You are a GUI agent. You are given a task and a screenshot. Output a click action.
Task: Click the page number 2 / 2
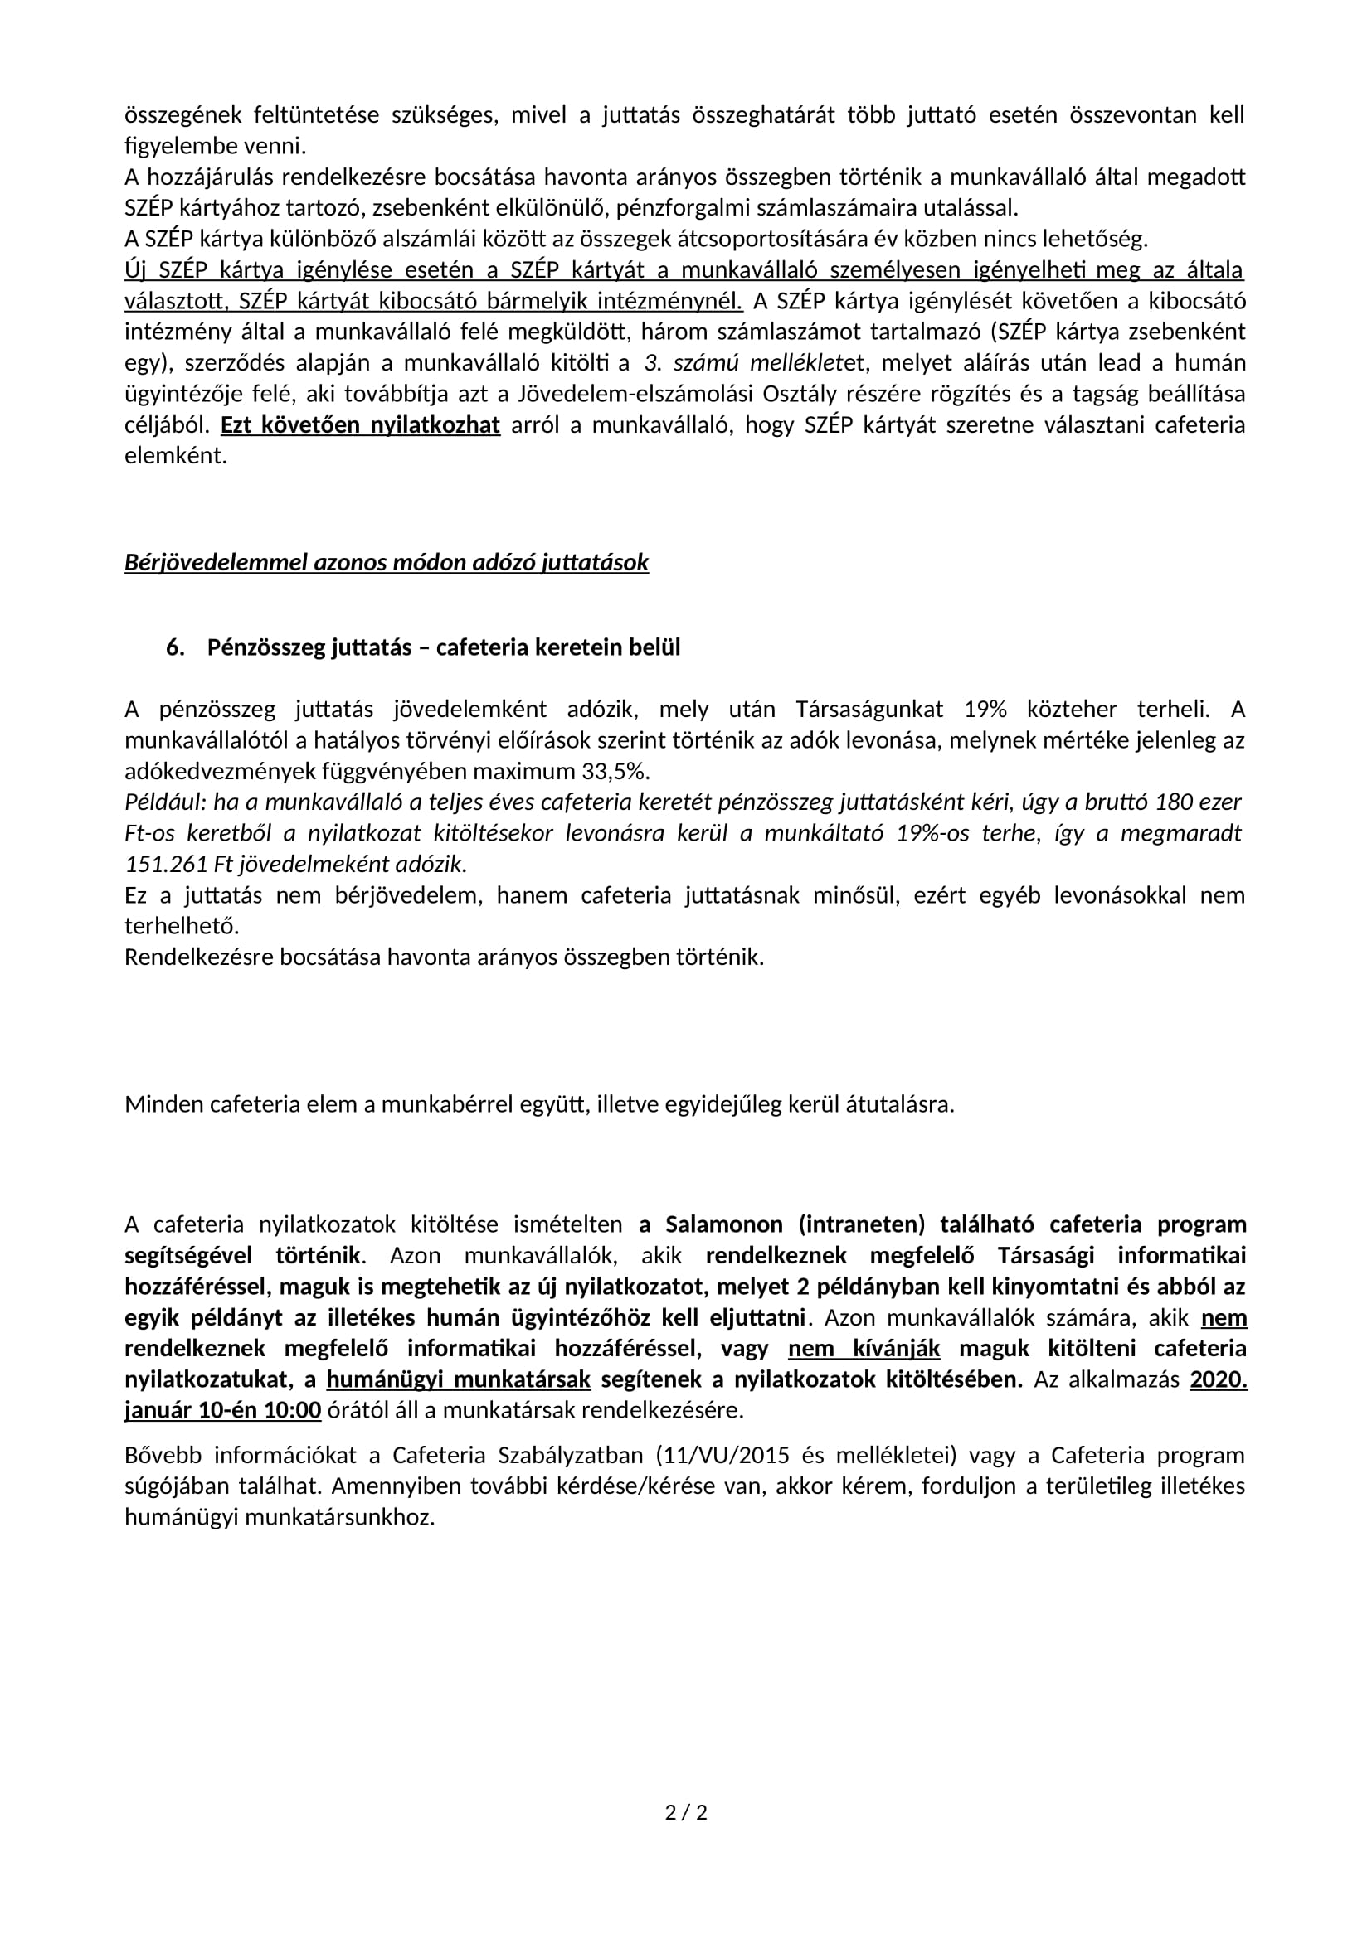pos(686,1811)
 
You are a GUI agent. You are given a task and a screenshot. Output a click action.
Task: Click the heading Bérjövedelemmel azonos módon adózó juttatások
pos(386,562)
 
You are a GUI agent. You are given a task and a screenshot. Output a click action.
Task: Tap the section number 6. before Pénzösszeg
pos(175,647)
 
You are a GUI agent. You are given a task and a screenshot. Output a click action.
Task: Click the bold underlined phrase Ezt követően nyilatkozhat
pos(360,424)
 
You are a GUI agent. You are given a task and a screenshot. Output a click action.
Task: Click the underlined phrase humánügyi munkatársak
pos(458,1379)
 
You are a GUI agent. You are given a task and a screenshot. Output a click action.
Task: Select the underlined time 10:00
pos(294,1410)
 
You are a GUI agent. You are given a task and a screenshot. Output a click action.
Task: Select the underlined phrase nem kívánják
pos(864,1349)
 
